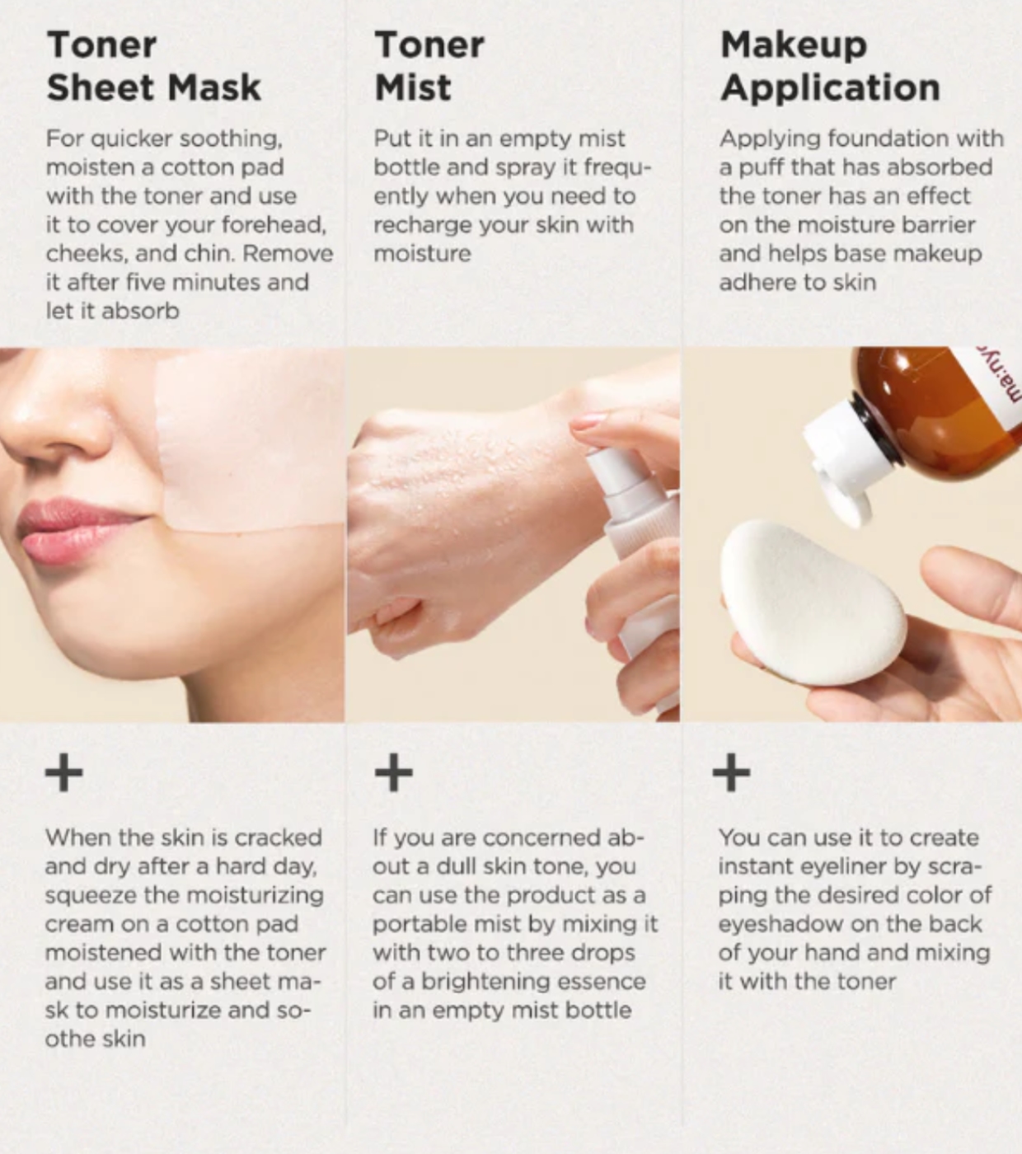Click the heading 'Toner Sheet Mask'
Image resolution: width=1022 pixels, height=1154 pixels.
tap(154, 66)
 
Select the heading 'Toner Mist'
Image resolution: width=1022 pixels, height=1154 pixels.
tap(429, 66)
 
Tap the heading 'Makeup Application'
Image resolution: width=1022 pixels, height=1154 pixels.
tap(830, 68)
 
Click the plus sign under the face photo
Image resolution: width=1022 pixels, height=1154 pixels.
tap(63, 773)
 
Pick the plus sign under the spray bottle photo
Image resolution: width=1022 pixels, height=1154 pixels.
tap(394, 773)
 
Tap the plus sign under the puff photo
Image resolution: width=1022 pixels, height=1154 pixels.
tap(731, 773)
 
